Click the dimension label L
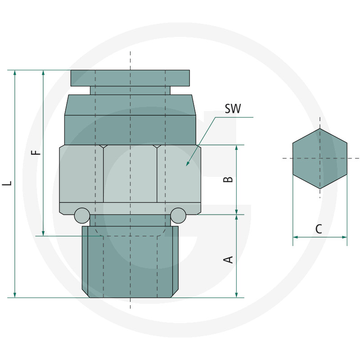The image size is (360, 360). [x=6, y=184]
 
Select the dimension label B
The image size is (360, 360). [x=229, y=179]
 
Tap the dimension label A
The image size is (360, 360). [x=229, y=259]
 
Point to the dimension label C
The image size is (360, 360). [x=319, y=229]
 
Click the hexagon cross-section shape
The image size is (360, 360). [x=319, y=158]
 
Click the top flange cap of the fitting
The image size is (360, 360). [x=130, y=78]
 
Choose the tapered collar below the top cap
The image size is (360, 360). [x=130, y=105]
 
